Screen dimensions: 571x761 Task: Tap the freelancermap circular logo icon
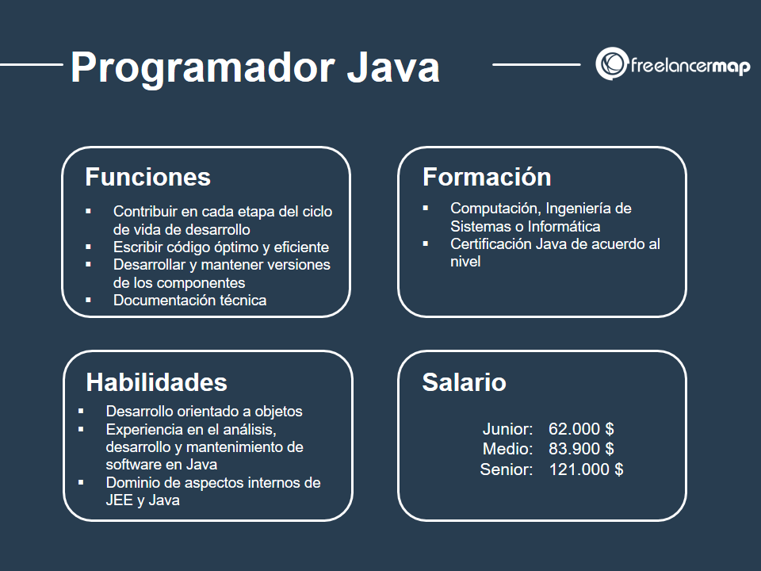(611, 64)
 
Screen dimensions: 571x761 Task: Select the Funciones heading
(147, 176)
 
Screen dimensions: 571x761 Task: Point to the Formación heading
(486, 176)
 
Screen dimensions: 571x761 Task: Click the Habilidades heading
(156, 382)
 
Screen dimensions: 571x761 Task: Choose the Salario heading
(464, 382)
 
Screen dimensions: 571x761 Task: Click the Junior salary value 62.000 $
(581, 429)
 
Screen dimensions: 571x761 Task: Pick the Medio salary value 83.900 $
(581, 449)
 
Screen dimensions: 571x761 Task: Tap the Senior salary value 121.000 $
(586, 469)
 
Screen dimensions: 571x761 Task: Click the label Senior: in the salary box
(506, 469)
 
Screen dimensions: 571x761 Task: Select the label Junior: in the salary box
(507, 429)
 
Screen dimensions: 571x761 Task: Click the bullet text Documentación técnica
(189, 300)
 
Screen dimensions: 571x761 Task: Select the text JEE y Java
(142, 500)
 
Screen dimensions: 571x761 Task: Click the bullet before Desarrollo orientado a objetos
(82, 411)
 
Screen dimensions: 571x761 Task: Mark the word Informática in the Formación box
(564, 225)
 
